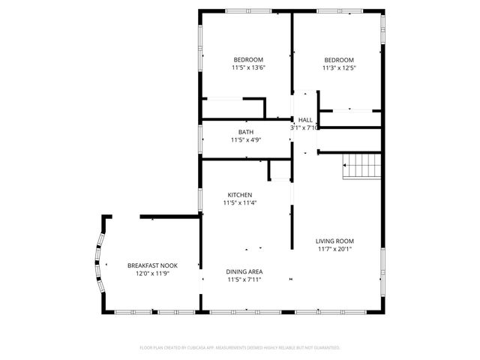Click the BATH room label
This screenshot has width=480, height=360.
[x=246, y=132]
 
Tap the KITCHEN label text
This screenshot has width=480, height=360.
[x=240, y=195]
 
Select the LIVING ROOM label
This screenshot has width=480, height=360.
[x=334, y=241]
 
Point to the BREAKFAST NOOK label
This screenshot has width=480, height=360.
[x=152, y=266]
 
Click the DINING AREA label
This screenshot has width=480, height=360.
[x=244, y=271]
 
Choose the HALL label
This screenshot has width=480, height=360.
[x=305, y=120]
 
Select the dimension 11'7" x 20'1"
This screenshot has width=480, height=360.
[x=334, y=250]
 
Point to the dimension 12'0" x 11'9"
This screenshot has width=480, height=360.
[x=152, y=274]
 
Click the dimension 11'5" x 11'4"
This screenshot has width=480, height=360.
[x=240, y=203]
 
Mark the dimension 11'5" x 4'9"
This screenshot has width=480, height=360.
[x=246, y=140]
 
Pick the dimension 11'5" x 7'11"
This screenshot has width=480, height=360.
[x=244, y=280]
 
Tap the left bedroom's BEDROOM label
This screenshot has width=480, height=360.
[x=249, y=60]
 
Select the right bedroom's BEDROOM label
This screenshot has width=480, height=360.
[x=339, y=60]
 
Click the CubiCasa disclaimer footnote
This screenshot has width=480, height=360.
[x=240, y=348]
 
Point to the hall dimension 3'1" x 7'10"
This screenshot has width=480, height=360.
[x=305, y=128]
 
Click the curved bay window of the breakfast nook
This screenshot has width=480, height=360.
[x=97, y=262]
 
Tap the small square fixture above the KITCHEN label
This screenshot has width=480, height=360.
[x=279, y=171]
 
